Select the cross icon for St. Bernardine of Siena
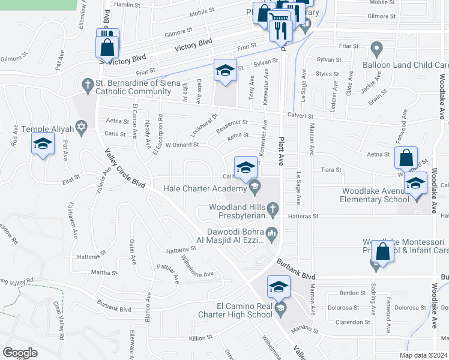(x=87, y=86)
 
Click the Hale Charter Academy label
(x=205, y=188)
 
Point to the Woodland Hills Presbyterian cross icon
(x=273, y=208)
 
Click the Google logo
(x=20, y=352)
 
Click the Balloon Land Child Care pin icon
(x=377, y=47)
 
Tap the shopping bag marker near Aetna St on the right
(x=406, y=158)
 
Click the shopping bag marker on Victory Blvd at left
(x=107, y=47)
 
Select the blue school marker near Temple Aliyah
(x=43, y=145)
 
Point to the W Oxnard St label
(x=181, y=145)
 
